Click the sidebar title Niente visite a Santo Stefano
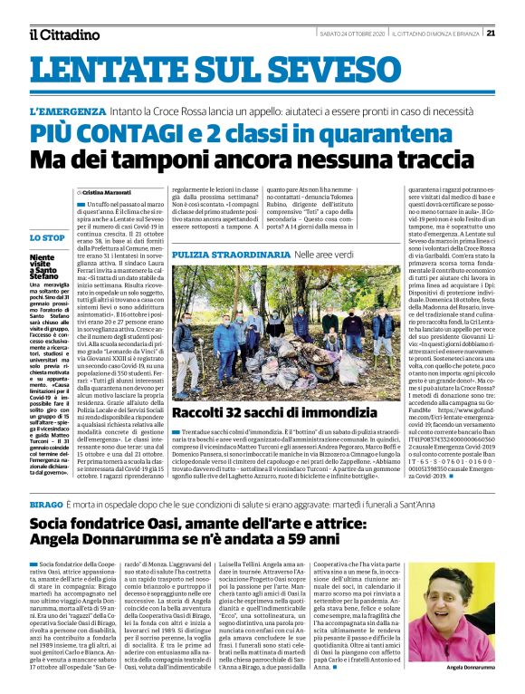point(47,268)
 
